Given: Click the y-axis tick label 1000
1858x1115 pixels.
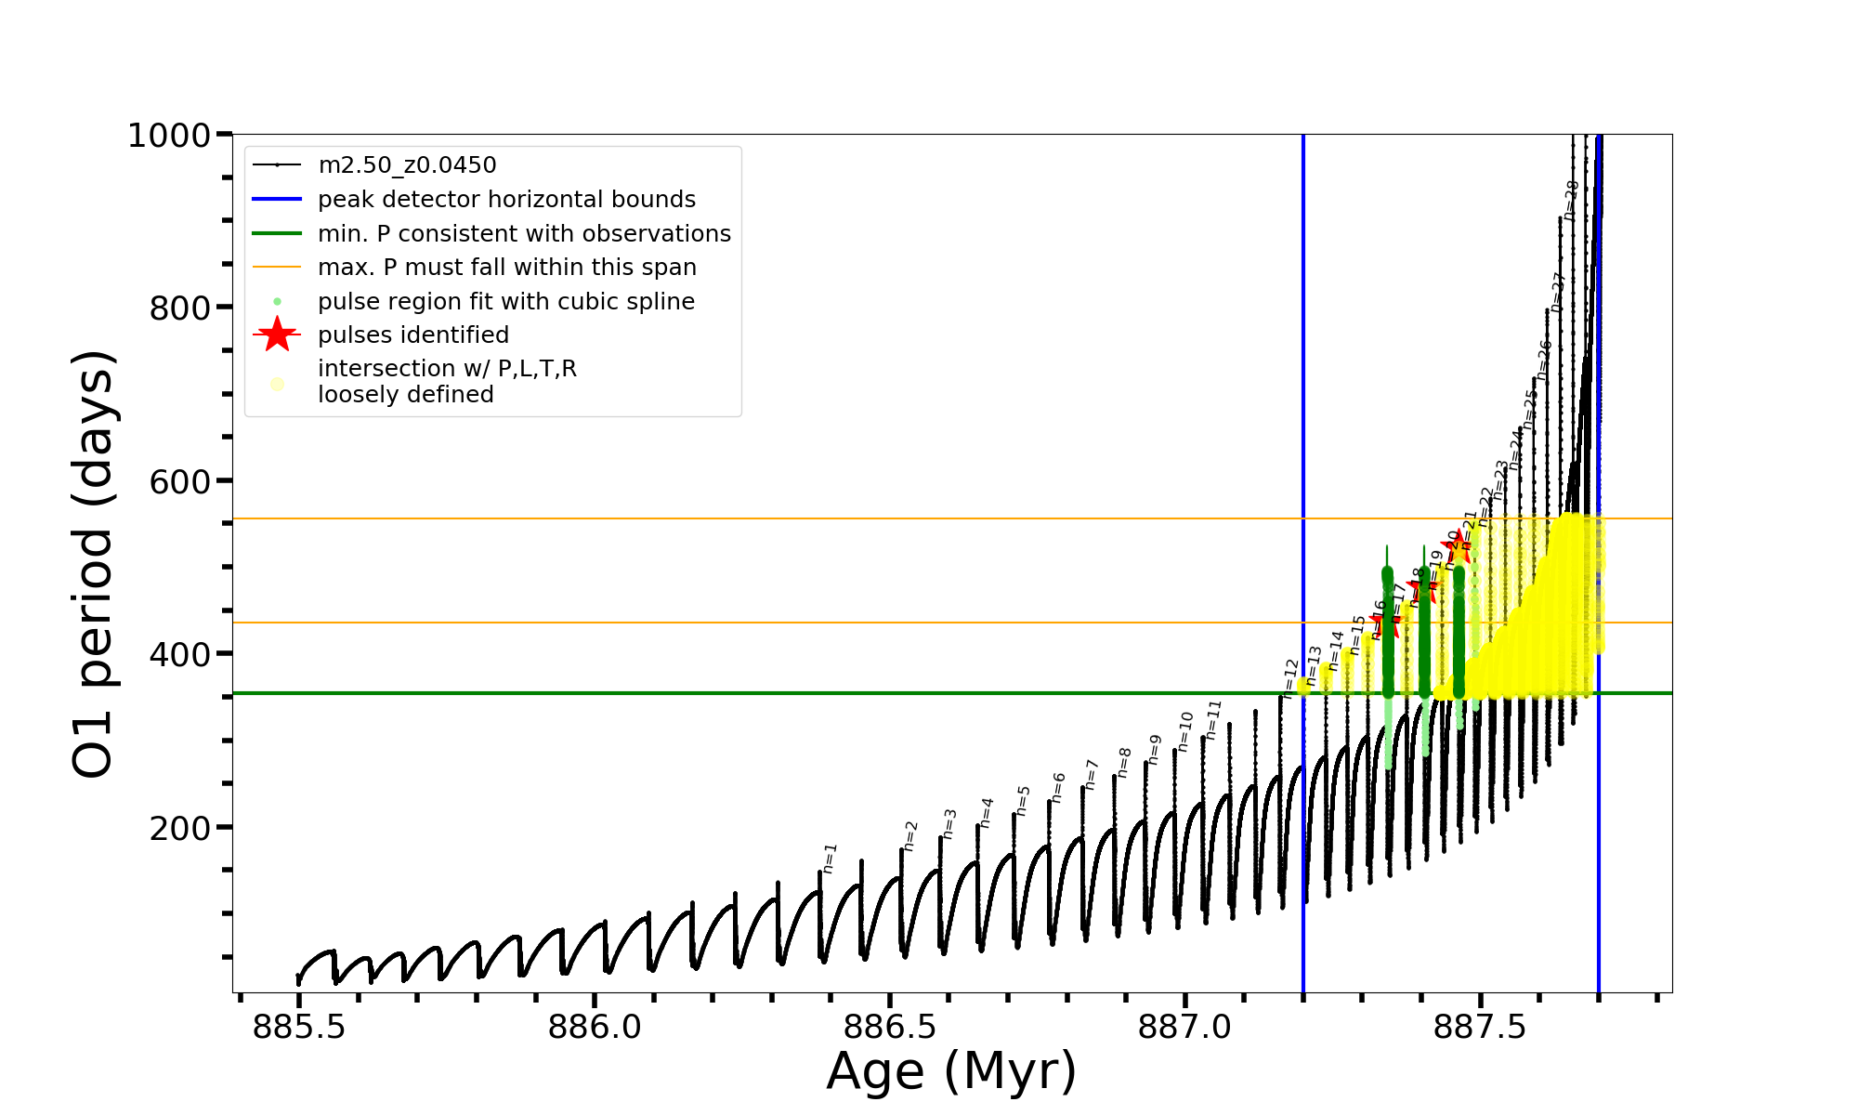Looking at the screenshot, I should pyautogui.click(x=169, y=136).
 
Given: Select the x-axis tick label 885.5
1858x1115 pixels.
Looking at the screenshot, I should pyautogui.click(x=299, y=1028).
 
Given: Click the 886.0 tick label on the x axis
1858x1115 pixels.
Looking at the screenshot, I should pyautogui.click(x=595, y=1028).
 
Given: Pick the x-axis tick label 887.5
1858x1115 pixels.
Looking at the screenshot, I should pyautogui.click(x=1481, y=1028).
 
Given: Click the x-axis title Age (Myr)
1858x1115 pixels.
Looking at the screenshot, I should pyautogui.click(x=951, y=1071).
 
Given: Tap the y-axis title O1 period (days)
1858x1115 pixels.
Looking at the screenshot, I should pyautogui.click(x=93, y=564).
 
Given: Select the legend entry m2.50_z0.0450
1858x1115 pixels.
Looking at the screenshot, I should pyautogui.click(x=407, y=165).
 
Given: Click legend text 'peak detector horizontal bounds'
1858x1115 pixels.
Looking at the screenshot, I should pyautogui.click(x=506, y=200).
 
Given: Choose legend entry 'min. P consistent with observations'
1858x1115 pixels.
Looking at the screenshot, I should pyautogui.click(x=524, y=234).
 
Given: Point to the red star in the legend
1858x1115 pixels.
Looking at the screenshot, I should pyautogui.click(x=277, y=334).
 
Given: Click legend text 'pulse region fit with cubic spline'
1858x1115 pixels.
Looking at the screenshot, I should pyautogui.click(x=506, y=302).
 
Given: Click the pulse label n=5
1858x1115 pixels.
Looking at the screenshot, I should pyautogui.click(x=1023, y=800).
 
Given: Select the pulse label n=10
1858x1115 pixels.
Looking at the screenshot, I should pyautogui.click(x=1184, y=731).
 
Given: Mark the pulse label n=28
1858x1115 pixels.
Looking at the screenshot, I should pyautogui.click(x=1570, y=200).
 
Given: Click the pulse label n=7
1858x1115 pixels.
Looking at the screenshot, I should pyautogui.click(x=1092, y=774).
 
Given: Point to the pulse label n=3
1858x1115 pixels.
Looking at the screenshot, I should pyautogui.click(x=949, y=823).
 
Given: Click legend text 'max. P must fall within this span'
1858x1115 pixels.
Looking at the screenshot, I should pyautogui.click(x=507, y=268).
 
